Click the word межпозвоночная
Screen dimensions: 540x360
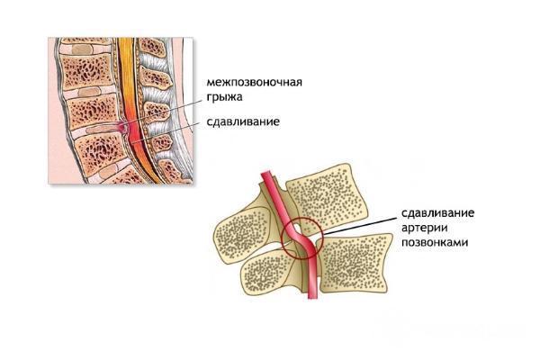254,83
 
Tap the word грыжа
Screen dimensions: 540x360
224,97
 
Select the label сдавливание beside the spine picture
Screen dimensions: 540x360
243,121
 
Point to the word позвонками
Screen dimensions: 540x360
435,242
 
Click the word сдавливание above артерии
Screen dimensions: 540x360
437,213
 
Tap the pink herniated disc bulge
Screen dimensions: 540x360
123,127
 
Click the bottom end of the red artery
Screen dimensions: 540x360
313,297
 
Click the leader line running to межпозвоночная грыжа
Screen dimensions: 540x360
163,112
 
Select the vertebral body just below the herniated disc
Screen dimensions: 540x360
101,151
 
